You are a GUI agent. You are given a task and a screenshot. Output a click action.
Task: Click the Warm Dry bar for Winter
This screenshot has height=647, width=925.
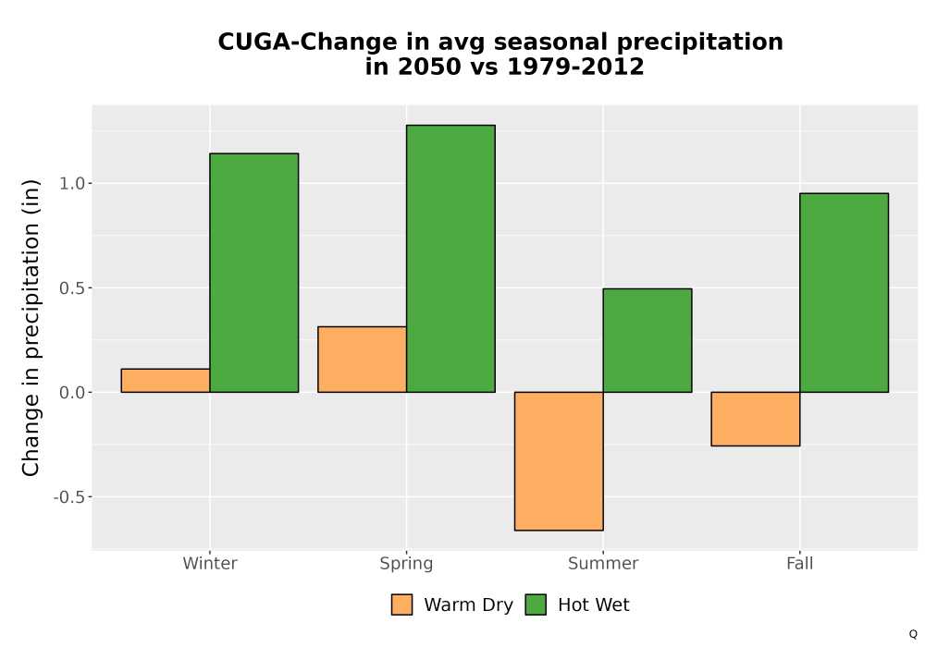coord(166,381)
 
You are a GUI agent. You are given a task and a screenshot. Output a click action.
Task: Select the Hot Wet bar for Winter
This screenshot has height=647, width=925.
coord(254,273)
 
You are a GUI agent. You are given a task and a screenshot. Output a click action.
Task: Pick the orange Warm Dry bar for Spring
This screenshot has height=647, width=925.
coord(363,360)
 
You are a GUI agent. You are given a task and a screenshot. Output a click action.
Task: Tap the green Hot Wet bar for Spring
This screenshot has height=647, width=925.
coord(450,259)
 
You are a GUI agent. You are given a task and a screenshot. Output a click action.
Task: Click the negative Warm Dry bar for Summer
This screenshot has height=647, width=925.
coord(559,461)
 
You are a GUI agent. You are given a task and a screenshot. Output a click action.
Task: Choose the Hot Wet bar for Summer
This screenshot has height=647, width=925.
coord(647,340)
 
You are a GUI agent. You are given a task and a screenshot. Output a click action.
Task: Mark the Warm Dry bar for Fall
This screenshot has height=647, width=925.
coord(756,419)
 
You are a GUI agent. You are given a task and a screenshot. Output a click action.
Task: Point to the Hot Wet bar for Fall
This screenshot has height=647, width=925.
coord(845,293)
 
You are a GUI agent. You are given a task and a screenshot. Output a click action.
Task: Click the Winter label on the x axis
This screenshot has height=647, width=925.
coord(210,563)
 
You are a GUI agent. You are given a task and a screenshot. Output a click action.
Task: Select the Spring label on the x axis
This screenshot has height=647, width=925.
coord(406,564)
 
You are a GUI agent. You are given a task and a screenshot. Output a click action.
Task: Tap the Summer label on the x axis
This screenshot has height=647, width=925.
coord(603,563)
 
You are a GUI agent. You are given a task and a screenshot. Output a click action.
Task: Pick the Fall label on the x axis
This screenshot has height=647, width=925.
coord(800,563)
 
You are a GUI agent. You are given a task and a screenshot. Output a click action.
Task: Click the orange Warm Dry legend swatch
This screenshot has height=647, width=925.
coord(401,604)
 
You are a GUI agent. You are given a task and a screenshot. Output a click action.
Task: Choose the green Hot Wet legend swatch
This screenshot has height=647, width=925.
coord(536,604)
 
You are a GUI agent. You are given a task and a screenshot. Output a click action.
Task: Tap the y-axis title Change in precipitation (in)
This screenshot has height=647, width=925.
coord(31,327)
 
